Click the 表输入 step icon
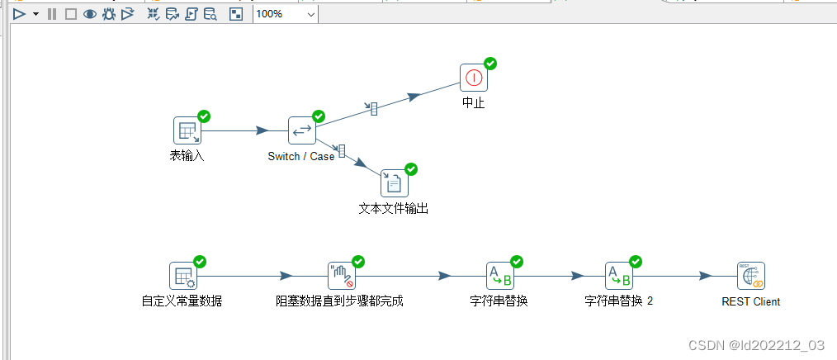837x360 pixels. pyautogui.click(x=187, y=130)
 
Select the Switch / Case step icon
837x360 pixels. pyautogui.click(x=302, y=130)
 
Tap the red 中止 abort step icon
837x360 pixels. pyautogui.click(x=474, y=78)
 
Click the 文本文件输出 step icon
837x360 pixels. pyautogui.click(x=395, y=182)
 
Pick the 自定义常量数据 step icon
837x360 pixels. pyautogui.click(x=183, y=276)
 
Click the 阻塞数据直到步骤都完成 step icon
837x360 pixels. pyautogui.click(x=342, y=276)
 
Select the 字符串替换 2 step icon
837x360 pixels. pyautogui.click(x=619, y=276)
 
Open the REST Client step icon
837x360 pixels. pyautogui.click(x=751, y=276)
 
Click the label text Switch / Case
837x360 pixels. pyautogui.click(x=301, y=156)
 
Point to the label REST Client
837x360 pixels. pyautogui.click(x=751, y=301)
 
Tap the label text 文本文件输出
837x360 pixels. pyautogui.click(x=394, y=209)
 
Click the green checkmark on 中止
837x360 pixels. pyautogui.click(x=490, y=64)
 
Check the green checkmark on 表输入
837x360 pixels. pyautogui.click(x=204, y=116)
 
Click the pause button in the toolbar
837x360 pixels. pyautogui.click(x=52, y=14)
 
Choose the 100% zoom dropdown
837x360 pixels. pyautogui.click(x=285, y=14)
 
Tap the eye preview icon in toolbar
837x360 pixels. pyautogui.click(x=89, y=14)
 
